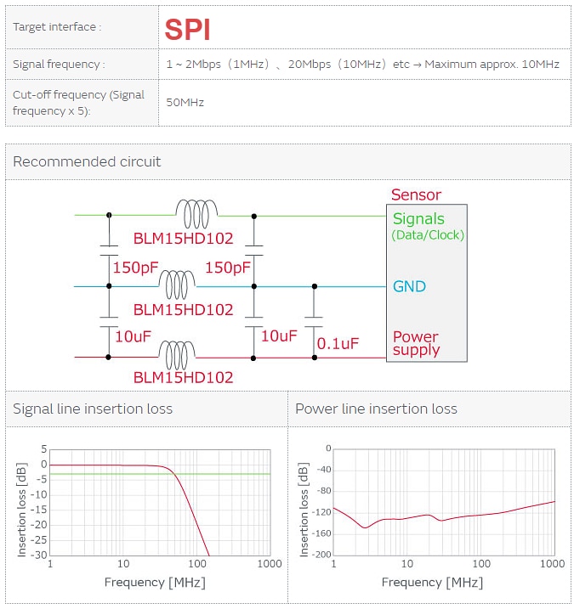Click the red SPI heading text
point(187,30)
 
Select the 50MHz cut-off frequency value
point(185,103)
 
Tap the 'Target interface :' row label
point(57,27)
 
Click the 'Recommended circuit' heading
point(87,161)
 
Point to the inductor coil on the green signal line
point(196,208)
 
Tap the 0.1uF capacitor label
point(338,344)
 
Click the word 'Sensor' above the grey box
point(416,195)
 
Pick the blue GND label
point(409,286)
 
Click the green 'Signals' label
point(418,219)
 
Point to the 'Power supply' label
point(416,343)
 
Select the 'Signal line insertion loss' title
point(93,409)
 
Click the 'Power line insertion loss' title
point(376,409)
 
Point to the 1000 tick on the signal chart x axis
point(270,565)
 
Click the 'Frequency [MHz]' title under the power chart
point(432,583)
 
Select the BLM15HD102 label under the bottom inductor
point(183,377)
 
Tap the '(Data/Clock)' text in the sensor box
point(428,234)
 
